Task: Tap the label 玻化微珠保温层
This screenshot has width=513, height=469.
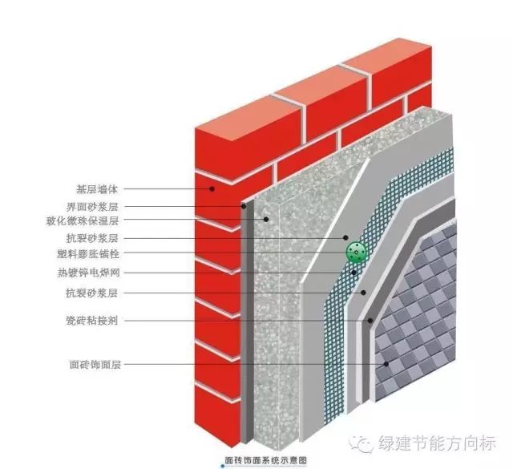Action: click(x=86, y=220)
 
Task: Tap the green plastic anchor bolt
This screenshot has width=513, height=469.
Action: click(x=356, y=253)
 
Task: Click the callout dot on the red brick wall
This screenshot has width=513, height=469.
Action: click(x=211, y=190)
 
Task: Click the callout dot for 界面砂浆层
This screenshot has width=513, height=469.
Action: click(x=244, y=206)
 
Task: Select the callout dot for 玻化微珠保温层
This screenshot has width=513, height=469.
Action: click(x=265, y=220)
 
